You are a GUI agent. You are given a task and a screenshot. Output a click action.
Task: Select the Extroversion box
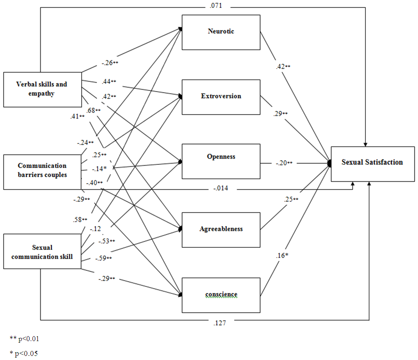coord(221,97)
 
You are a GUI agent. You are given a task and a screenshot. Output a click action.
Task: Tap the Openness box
coord(221,161)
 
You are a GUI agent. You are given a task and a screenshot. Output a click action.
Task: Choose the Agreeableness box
coord(221,230)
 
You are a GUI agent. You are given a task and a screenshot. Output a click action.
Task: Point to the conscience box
coord(221,295)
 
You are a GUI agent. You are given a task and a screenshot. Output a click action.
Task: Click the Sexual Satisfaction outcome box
coord(372,163)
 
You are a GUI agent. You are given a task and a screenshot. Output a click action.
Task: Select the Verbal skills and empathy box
coord(42,90)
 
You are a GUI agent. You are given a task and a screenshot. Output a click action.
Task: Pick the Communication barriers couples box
coord(42,172)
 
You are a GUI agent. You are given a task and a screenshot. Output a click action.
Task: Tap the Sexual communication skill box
coord(42,252)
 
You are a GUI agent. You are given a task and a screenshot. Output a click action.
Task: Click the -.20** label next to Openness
coord(284,163)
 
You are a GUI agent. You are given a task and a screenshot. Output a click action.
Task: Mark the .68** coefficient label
coord(94,110)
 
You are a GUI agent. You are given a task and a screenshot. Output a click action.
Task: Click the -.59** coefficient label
coord(104,258)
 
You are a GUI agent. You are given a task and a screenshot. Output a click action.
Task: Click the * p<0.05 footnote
coord(24,353)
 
